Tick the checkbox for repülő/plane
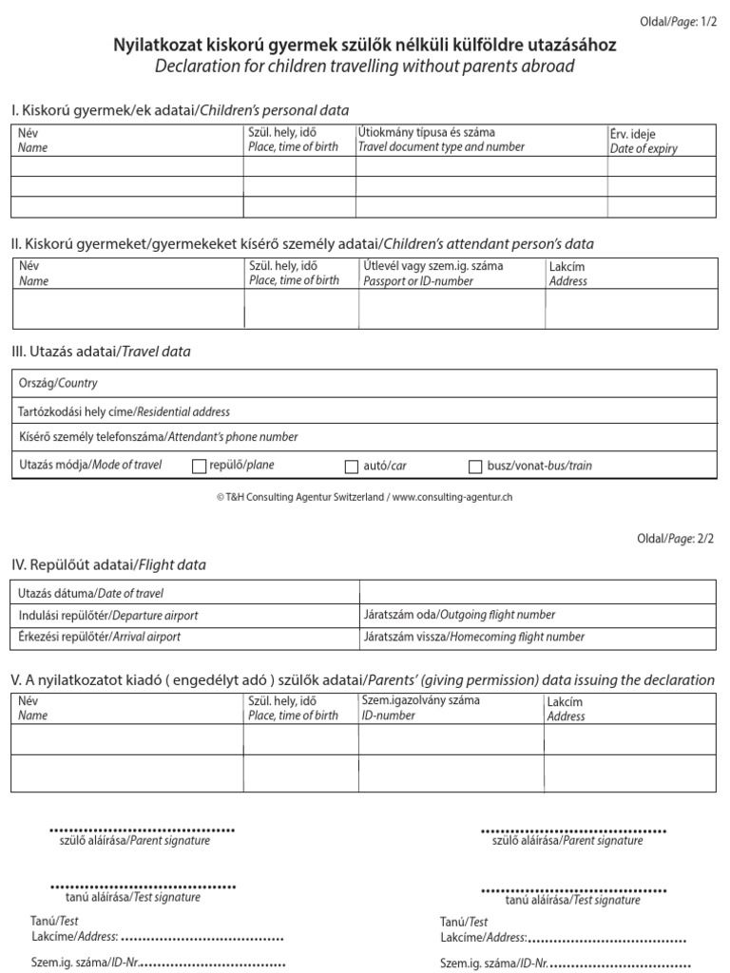(199, 466)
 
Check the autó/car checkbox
(352, 466)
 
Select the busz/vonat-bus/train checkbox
(476, 466)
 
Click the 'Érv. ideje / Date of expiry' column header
(644, 142)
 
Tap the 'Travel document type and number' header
(441, 147)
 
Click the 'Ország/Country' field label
(58, 383)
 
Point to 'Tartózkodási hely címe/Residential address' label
(125, 411)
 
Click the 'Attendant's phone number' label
(158, 437)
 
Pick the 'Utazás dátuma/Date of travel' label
(91, 594)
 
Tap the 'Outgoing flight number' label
(459, 615)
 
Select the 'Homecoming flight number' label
(474, 637)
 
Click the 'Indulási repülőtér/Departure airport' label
(108, 615)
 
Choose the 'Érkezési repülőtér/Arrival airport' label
(100, 637)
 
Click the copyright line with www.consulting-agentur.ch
(364, 497)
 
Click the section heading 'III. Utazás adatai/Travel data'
(101, 352)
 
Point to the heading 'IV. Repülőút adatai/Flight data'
(108, 564)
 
